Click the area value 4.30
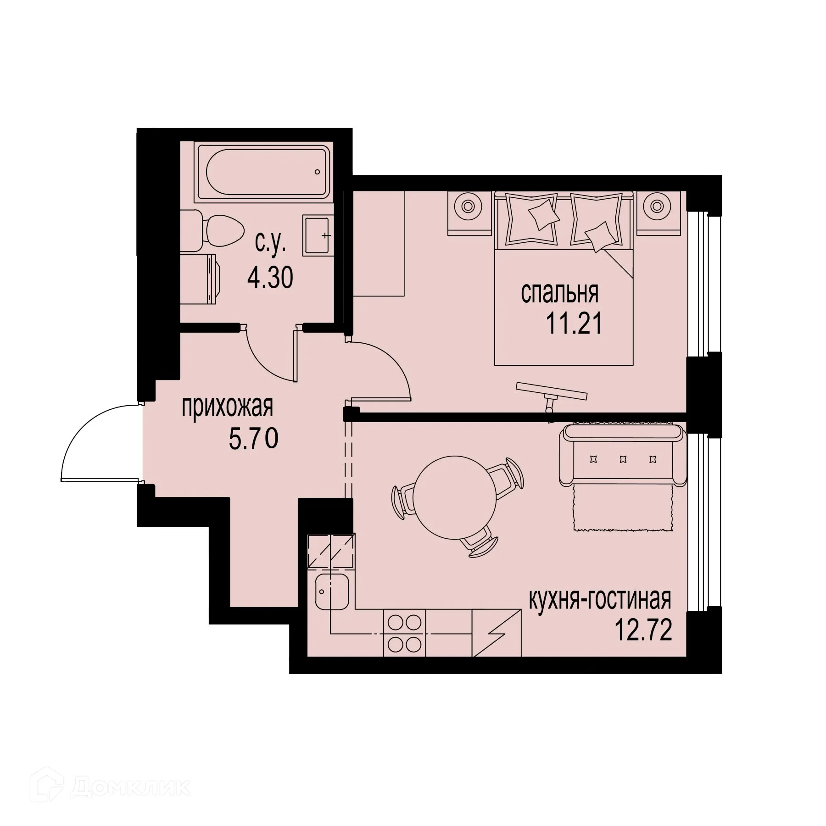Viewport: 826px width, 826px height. tap(270, 278)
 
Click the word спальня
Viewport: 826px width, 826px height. tap(559, 294)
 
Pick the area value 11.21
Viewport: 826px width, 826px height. tap(573, 324)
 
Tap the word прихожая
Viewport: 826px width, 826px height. tap(228, 407)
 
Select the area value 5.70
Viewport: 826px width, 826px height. tap(253, 440)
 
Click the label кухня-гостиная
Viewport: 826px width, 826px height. tap(600, 600)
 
